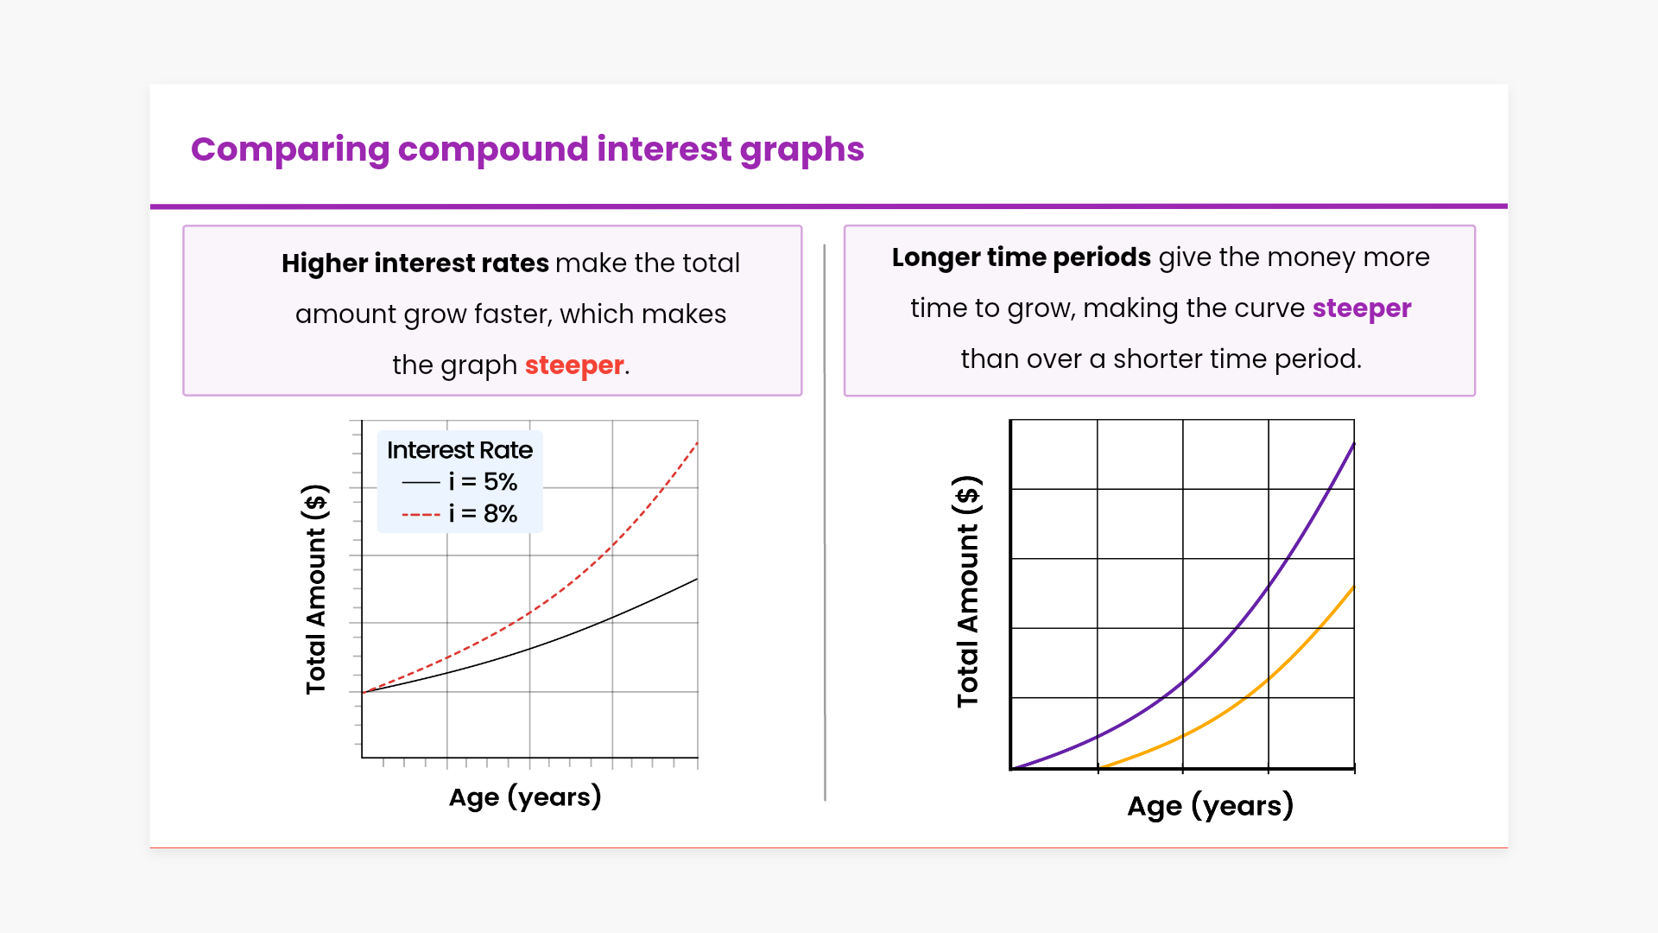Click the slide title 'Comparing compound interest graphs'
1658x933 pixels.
pyautogui.click(x=527, y=149)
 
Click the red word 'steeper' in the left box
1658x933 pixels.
pyautogui.click(x=574, y=365)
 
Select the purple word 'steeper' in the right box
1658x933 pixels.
pyautogui.click(x=1362, y=308)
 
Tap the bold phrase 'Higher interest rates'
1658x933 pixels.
pyautogui.click(x=415, y=263)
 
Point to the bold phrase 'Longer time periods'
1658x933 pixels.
pyautogui.click(x=1022, y=257)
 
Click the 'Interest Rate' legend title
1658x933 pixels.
pyautogui.click(x=459, y=450)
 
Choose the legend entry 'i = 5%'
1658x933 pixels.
pyautogui.click(x=459, y=481)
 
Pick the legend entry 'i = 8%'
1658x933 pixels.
pyautogui.click(x=459, y=514)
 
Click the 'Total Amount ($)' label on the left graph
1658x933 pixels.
pyautogui.click(x=316, y=589)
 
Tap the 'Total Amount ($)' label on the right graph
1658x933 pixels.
pyautogui.click(x=968, y=592)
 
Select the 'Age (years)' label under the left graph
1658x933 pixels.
pyautogui.click(x=525, y=797)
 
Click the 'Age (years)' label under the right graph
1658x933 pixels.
pyautogui.click(x=1211, y=806)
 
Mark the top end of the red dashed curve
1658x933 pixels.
pyautogui.click(x=697, y=442)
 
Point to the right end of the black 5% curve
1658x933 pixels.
pyautogui.click(x=697, y=579)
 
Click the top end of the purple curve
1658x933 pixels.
pyautogui.click(x=1354, y=443)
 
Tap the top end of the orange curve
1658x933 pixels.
pyautogui.click(x=1354, y=587)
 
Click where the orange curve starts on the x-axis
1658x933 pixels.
pyautogui.click(x=1100, y=767)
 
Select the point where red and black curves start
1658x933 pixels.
pyautogui.click(x=363, y=692)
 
